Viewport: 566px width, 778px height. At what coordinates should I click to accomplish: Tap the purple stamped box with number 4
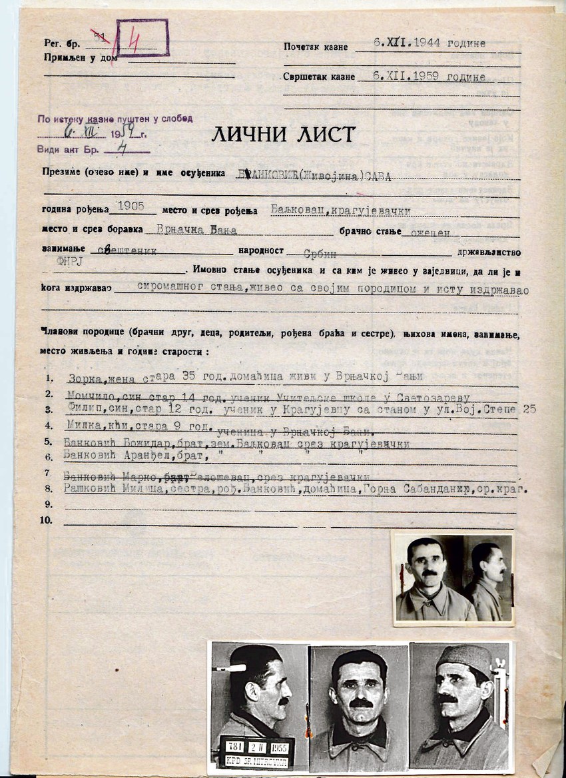tap(142, 38)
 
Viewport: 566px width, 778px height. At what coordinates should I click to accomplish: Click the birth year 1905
tap(130, 206)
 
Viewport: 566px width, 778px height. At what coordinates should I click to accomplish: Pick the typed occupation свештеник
tap(128, 253)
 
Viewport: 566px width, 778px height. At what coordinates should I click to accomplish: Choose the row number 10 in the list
tap(46, 520)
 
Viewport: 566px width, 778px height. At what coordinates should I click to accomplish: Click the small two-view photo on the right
tap(453, 580)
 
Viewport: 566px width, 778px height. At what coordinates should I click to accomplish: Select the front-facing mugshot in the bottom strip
tap(359, 706)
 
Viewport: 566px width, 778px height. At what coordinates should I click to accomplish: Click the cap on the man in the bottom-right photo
tap(463, 659)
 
